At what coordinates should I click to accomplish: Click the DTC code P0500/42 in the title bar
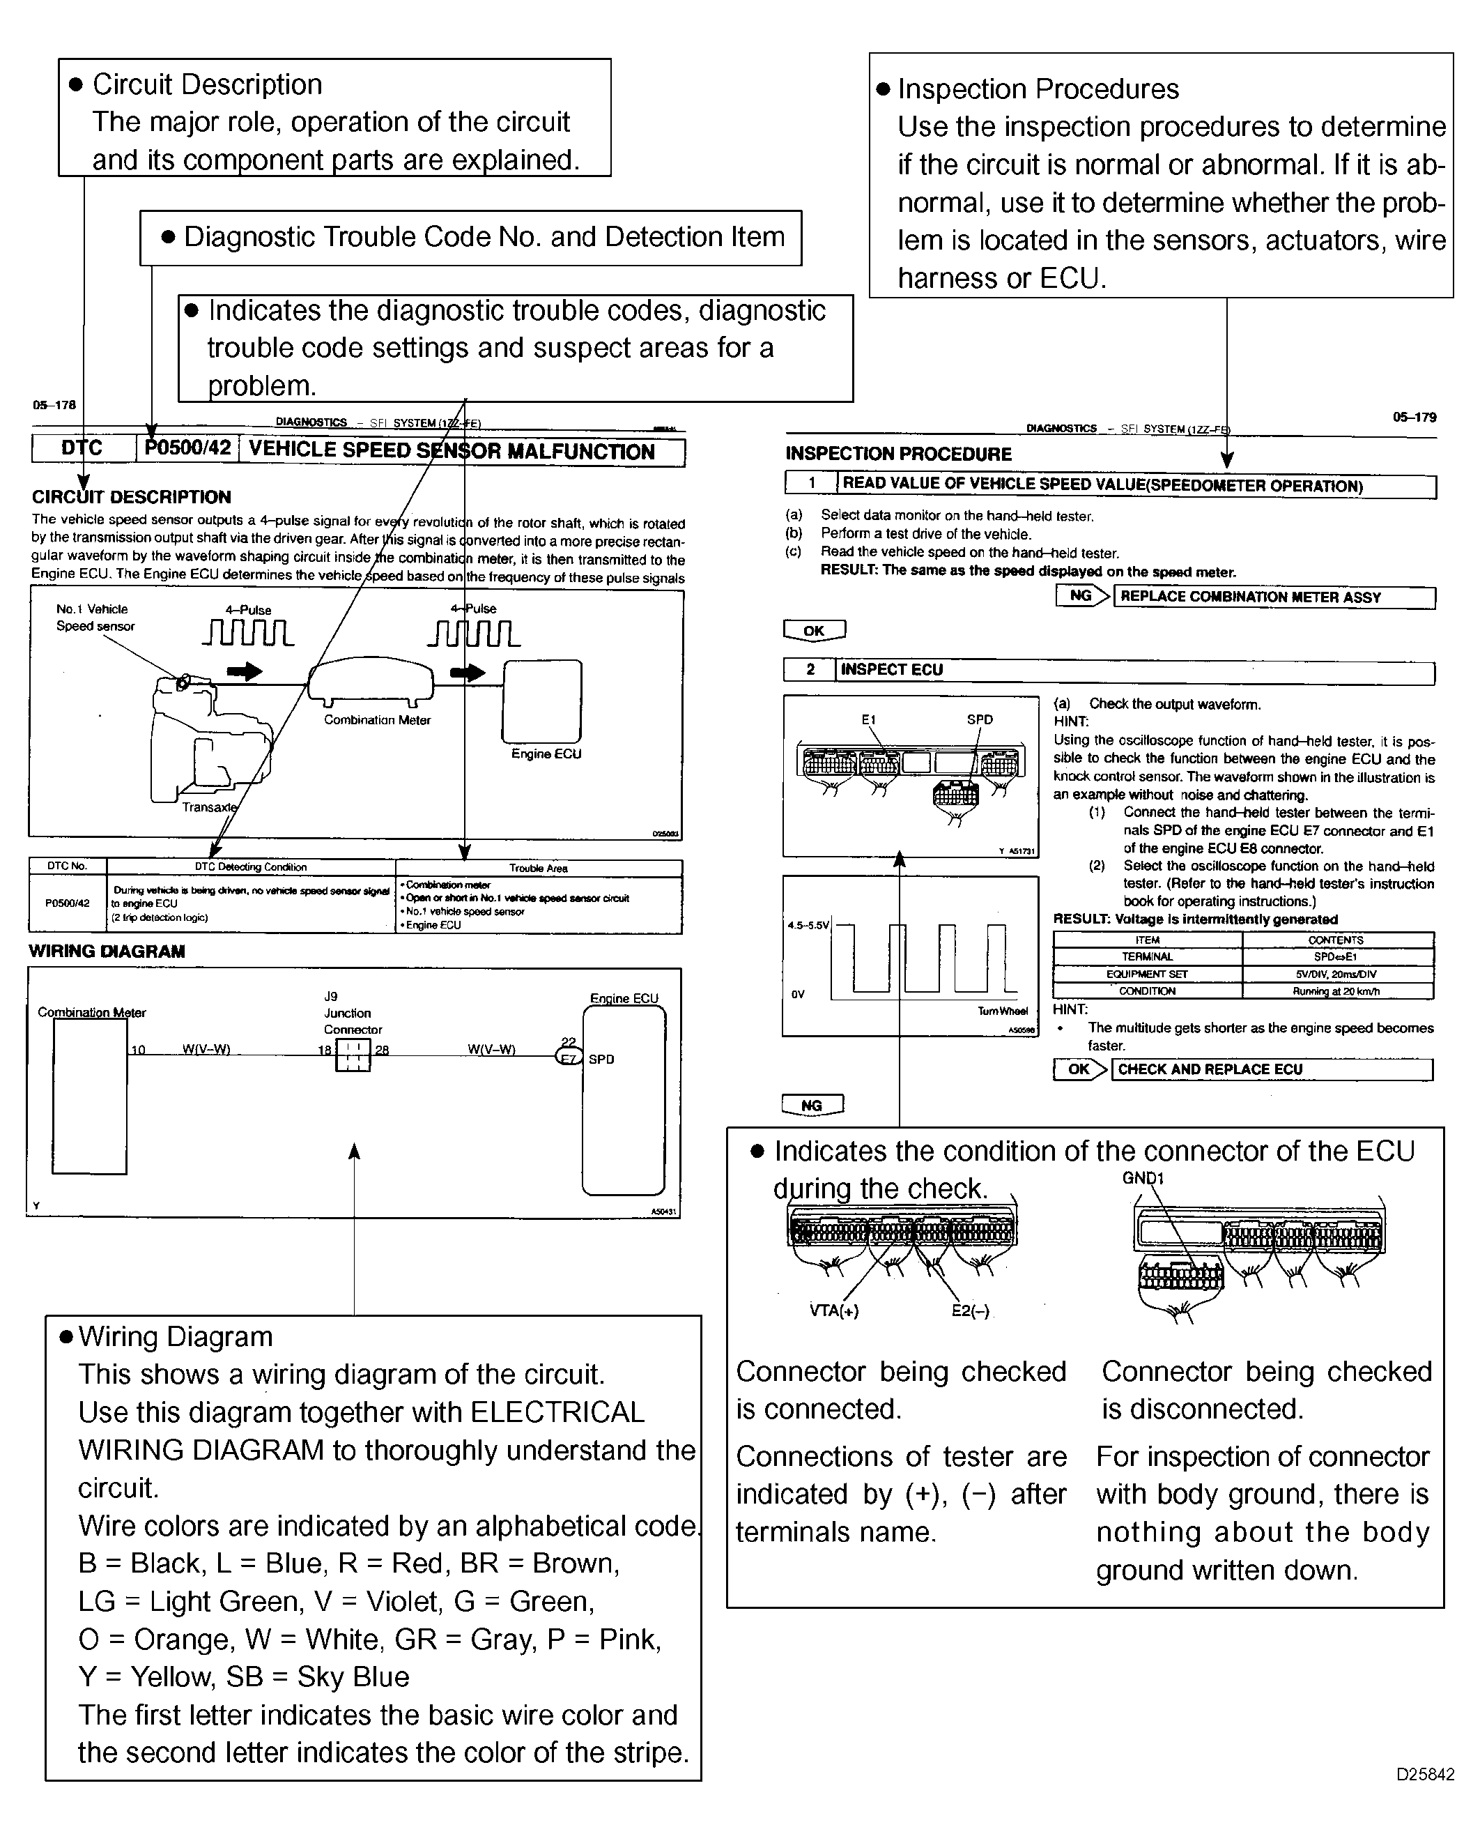point(187,448)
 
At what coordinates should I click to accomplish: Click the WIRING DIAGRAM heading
point(107,951)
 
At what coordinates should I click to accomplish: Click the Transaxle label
point(209,807)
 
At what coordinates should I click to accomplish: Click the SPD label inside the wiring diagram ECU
point(601,1059)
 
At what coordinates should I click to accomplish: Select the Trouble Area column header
point(538,868)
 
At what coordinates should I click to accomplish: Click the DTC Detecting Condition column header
point(251,867)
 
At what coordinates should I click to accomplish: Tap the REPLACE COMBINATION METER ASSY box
point(1274,597)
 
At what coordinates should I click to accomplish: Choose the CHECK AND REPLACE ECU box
point(1271,1069)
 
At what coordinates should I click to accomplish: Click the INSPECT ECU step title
point(892,670)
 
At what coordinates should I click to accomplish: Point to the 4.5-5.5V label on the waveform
point(808,924)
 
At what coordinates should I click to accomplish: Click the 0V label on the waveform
point(798,994)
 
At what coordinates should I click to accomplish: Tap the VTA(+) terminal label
point(834,1311)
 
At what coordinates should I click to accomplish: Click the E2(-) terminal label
point(970,1311)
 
